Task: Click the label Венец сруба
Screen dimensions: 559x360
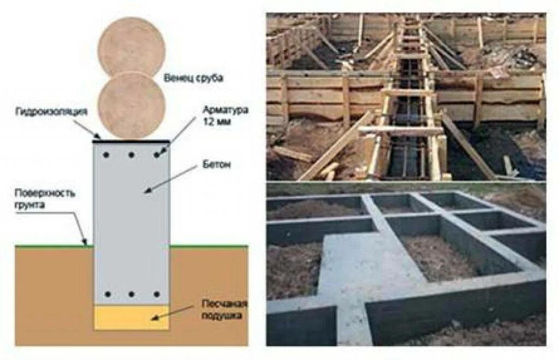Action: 194,78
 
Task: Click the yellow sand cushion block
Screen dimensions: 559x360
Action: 131,317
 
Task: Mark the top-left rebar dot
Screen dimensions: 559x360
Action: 107,155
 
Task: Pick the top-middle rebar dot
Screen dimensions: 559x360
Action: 132,155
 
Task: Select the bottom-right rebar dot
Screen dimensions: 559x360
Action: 157,295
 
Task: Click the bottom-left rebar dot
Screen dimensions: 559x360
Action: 107,295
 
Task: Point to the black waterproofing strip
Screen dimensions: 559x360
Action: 131,141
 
